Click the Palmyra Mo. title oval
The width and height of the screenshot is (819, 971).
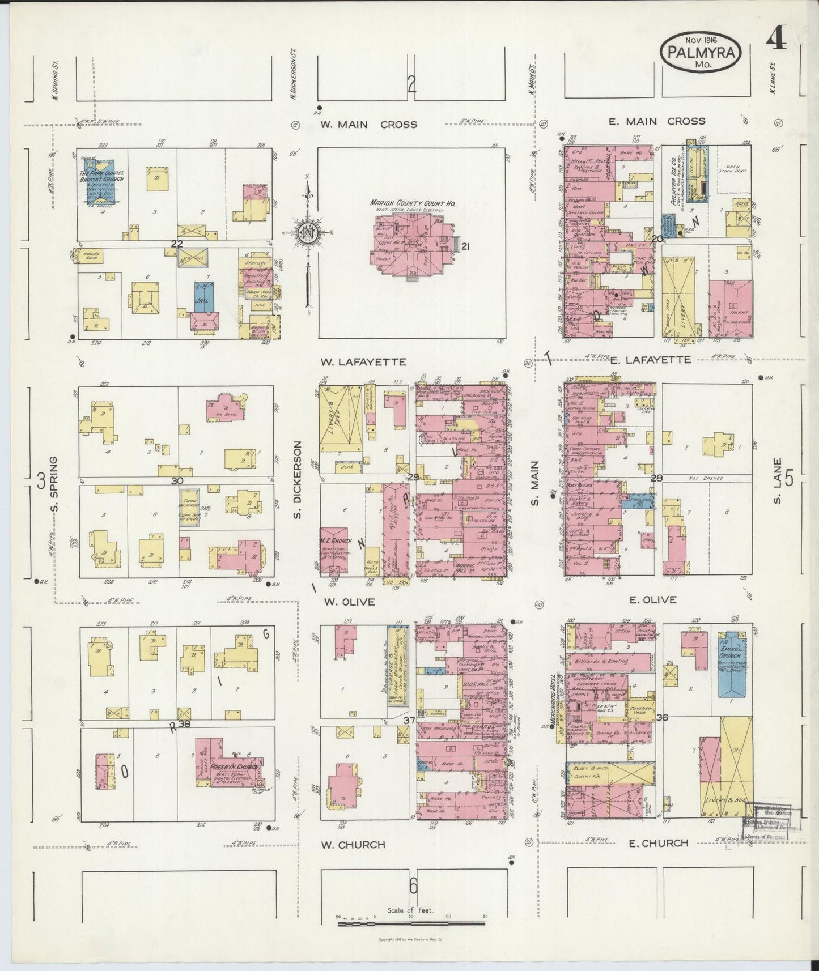coord(702,52)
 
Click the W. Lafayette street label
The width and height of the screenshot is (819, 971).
coord(362,361)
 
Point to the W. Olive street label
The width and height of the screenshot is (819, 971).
coord(349,602)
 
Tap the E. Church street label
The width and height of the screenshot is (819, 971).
coord(658,843)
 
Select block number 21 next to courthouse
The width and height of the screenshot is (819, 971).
coord(466,246)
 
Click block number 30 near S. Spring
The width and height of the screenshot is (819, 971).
coord(177,480)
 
